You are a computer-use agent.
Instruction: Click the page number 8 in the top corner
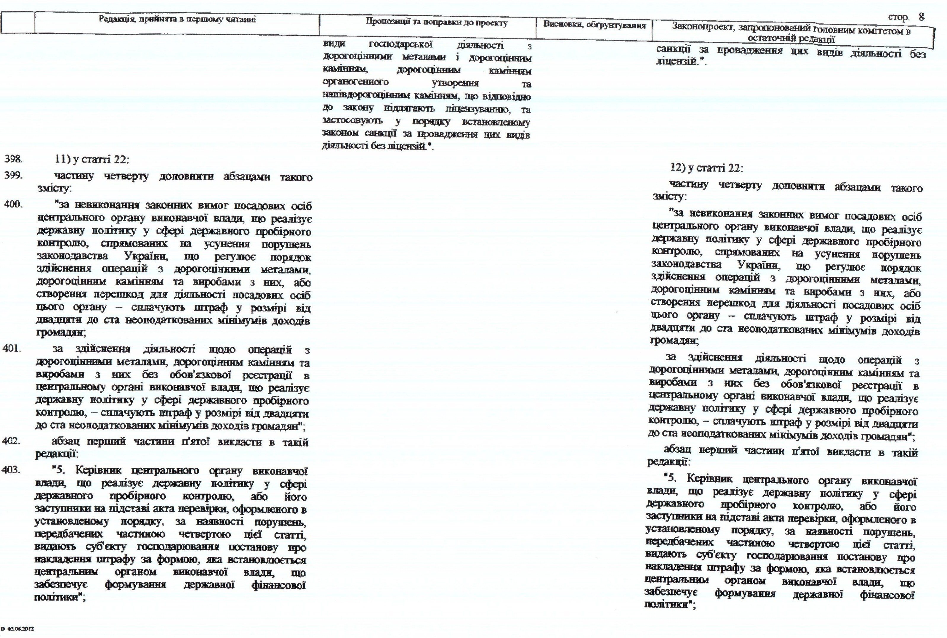coord(921,17)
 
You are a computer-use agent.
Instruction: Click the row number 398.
coord(13,159)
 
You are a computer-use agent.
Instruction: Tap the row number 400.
coord(13,204)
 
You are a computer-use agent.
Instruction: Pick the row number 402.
coord(11,441)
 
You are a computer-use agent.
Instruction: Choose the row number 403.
coord(11,470)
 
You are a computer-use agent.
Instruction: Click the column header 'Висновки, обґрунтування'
coord(594,25)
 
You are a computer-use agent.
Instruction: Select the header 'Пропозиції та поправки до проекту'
coord(436,23)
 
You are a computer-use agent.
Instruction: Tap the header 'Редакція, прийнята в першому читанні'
coord(177,19)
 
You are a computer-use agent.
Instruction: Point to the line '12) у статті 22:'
coord(706,168)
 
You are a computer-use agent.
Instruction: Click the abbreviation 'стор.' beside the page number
coord(898,17)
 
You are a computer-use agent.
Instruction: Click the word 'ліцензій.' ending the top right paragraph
coord(680,62)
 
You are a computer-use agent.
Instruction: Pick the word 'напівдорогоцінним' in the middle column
coord(366,96)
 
